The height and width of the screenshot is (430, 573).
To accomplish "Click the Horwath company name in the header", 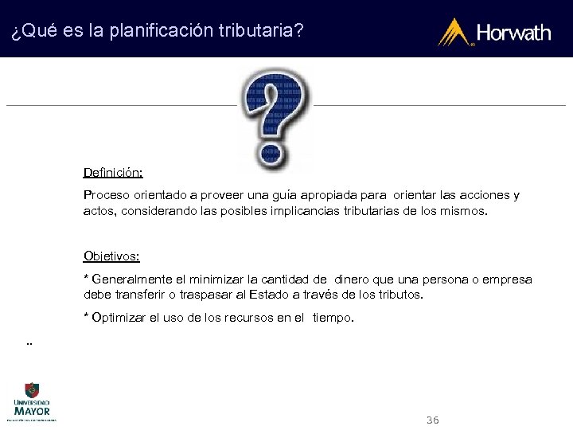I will [x=513, y=33].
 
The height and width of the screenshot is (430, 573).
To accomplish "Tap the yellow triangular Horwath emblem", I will [x=456, y=33].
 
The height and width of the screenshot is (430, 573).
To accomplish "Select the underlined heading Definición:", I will [x=113, y=172].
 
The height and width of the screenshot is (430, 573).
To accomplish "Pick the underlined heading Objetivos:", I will [x=111, y=256].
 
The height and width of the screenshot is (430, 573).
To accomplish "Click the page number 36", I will [x=433, y=420].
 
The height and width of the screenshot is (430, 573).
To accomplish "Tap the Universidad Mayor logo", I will [x=32, y=401].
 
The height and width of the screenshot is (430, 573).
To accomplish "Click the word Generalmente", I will [x=130, y=279].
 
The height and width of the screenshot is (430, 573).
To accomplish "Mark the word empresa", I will [x=505, y=279].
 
